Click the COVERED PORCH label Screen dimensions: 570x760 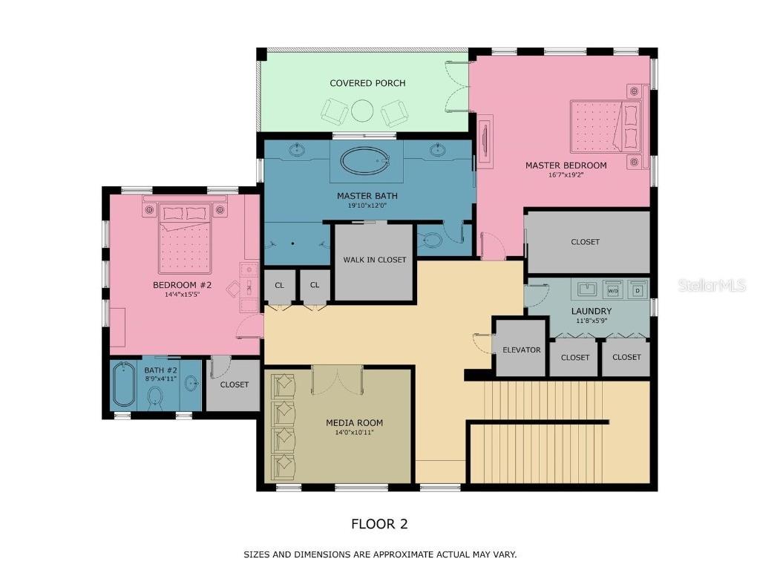pos(367,83)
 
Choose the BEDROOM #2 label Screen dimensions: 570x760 pos(183,285)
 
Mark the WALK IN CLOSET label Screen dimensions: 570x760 pos(374,260)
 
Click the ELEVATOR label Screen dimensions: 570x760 pos(521,350)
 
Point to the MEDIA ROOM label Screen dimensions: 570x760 pos(354,423)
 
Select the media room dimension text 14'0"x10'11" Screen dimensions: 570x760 pos(354,433)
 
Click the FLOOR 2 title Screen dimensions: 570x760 pos(379,524)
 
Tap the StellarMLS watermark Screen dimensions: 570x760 pos(710,285)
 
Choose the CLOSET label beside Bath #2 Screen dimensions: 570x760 pos(234,384)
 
